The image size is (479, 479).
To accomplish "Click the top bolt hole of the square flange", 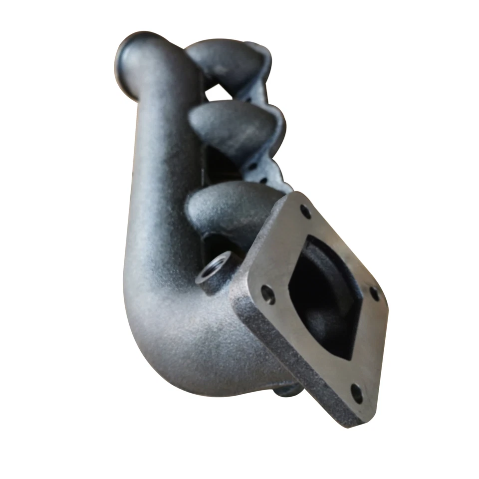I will (x=305, y=212).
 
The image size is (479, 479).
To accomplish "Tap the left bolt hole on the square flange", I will (x=268, y=294).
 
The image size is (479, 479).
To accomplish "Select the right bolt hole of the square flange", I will (x=374, y=293).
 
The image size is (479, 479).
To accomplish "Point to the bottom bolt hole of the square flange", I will (x=357, y=393).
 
